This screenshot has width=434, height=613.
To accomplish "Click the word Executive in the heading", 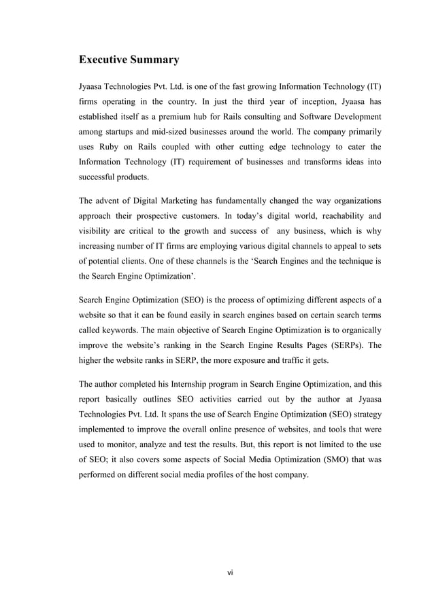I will (105, 60).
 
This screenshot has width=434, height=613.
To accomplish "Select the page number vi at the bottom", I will (230, 572).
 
